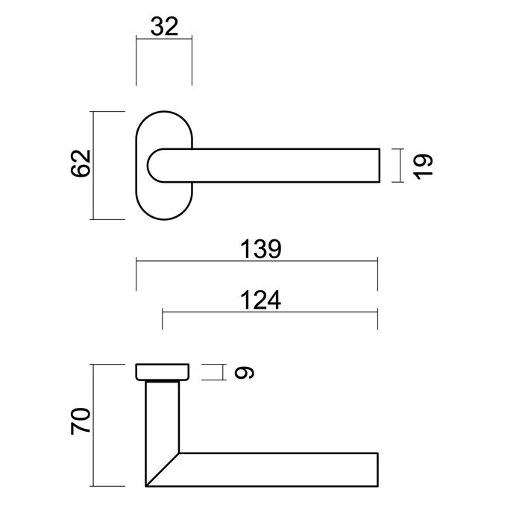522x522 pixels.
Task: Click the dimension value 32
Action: (164, 28)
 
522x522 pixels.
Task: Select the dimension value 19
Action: (423, 165)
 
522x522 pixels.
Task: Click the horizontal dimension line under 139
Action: (257, 260)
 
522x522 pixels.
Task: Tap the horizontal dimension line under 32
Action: (164, 40)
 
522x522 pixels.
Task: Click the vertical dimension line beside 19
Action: (402, 165)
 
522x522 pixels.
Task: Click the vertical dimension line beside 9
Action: (223, 371)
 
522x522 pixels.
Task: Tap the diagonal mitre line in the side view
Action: (163, 468)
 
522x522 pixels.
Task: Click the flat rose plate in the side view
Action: (163, 371)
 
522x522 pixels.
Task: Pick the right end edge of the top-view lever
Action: (381, 165)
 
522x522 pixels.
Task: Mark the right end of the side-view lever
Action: (378, 469)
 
